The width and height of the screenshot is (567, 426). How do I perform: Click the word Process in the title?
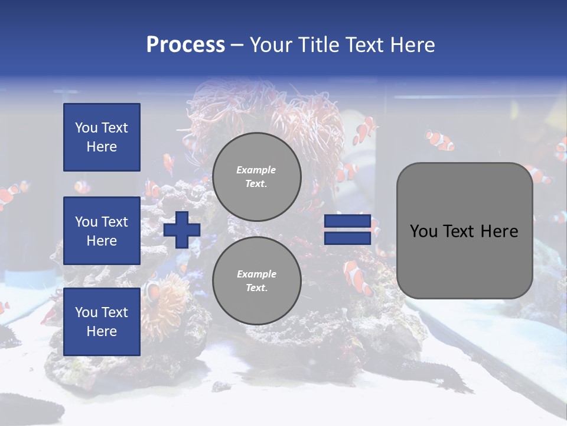[x=185, y=45]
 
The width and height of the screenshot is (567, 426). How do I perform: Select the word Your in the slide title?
[x=271, y=45]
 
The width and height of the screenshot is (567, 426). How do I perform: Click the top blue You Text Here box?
[x=102, y=137]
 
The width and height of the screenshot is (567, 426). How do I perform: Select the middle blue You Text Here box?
[x=102, y=231]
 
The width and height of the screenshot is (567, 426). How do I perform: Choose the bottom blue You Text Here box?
[x=102, y=322]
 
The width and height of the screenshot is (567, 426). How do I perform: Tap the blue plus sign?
[x=182, y=230]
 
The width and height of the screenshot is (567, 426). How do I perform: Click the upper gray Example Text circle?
[x=257, y=177]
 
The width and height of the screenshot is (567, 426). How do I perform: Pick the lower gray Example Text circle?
[x=257, y=281]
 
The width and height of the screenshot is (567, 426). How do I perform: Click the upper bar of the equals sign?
[x=347, y=221]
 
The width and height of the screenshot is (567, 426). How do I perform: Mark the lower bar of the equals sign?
[x=347, y=238]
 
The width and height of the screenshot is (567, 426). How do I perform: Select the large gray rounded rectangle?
[x=464, y=231]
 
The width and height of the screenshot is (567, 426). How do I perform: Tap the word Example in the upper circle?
[x=256, y=170]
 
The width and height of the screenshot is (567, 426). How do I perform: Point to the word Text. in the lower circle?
[x=256, y=288]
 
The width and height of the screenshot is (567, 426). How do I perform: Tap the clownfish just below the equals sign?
[x=358, y=276]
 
